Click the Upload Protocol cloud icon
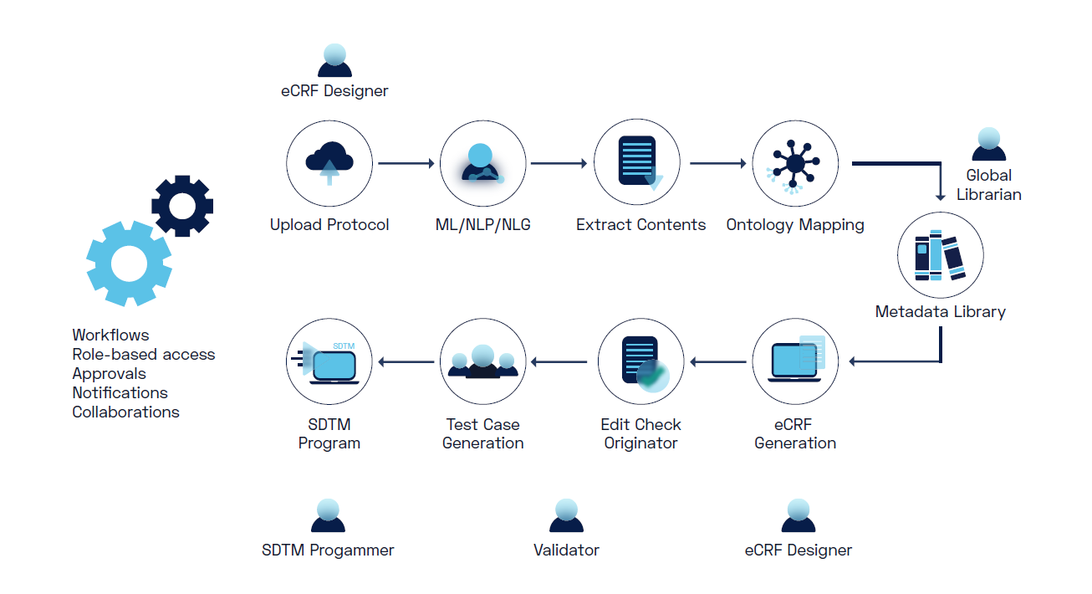[329, 162]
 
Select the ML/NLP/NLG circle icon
[482, 163]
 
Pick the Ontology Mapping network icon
[794, 162]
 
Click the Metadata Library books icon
[940, 255]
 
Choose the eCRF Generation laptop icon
[794, 361]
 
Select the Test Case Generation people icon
[482, 361]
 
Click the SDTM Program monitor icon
[329, 361]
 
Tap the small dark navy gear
[182, 205]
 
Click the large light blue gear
[129, 263]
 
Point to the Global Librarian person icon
[988, 144]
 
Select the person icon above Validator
[566, 515]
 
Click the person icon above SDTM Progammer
[328, 515]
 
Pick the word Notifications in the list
[120, 392]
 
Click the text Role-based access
[143, 354]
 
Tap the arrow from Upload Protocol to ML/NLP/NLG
[407, 164]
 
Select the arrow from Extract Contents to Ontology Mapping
[717, 164]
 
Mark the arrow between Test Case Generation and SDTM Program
[406, 361]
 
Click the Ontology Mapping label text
[794, 224]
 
